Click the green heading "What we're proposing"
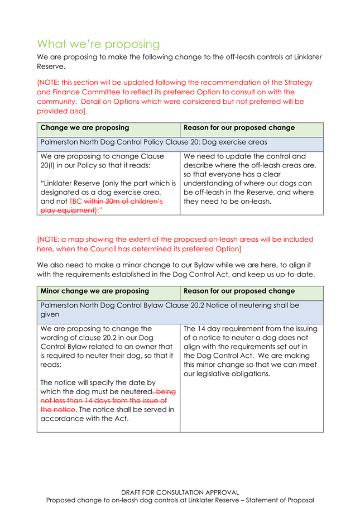pos(98,44)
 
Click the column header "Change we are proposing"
pos(85,128)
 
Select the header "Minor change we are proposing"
pos(94,291)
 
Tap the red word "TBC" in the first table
pos(75,201)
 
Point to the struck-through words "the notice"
pos(54,409)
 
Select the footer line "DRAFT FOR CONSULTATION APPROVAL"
pos(180,492)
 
